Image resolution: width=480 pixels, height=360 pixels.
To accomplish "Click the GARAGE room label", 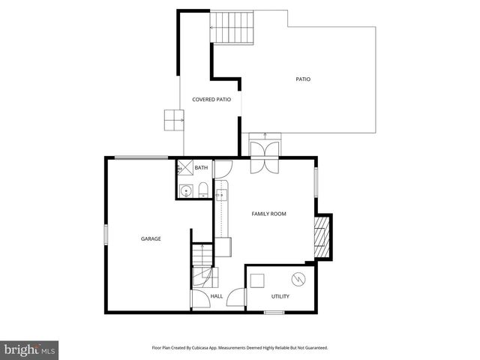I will click(151, 238).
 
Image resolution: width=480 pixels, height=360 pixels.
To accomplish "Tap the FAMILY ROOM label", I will click(268, 214).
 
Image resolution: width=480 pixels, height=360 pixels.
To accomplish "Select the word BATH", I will click(201, 168).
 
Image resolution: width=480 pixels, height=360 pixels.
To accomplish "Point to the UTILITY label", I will click(280, 296).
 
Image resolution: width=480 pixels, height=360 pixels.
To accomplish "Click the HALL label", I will click(216, 296).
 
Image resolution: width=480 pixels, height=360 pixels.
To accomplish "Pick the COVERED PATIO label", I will click(211, 99).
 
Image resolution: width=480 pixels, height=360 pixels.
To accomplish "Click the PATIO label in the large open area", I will click(303, 79).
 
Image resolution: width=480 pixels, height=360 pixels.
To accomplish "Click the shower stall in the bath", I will click(183, 168).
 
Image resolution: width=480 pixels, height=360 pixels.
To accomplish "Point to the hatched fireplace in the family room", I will click(322, 234).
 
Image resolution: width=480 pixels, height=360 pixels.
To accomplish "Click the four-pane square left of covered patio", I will click(173, 119).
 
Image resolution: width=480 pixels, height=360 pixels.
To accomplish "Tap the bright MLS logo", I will click(30, 350).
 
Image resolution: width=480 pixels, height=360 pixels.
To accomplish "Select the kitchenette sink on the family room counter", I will click(222, 197).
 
